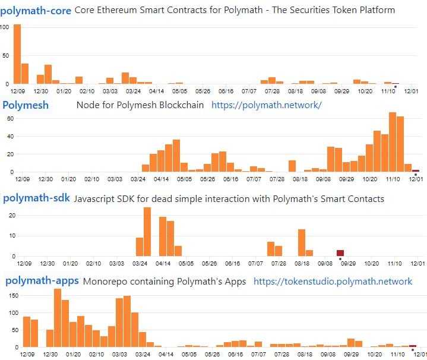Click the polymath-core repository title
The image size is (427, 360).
tap(37, 10)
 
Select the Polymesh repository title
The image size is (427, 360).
tap(26, 105)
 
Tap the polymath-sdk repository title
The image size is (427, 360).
tap(37, 198)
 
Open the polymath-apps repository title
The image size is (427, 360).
tap(41, 281)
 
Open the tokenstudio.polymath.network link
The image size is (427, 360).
tap(333, 282)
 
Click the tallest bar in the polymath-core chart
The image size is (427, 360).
tap(17, 54)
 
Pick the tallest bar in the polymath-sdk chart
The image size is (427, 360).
tap(147, 232)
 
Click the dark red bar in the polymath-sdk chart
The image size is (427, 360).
tap(340, 253)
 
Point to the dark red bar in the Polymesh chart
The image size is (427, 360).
tap(416, 170)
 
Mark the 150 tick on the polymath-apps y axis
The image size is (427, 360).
tap(8, 295)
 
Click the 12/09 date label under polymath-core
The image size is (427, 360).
tap(18, 91)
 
